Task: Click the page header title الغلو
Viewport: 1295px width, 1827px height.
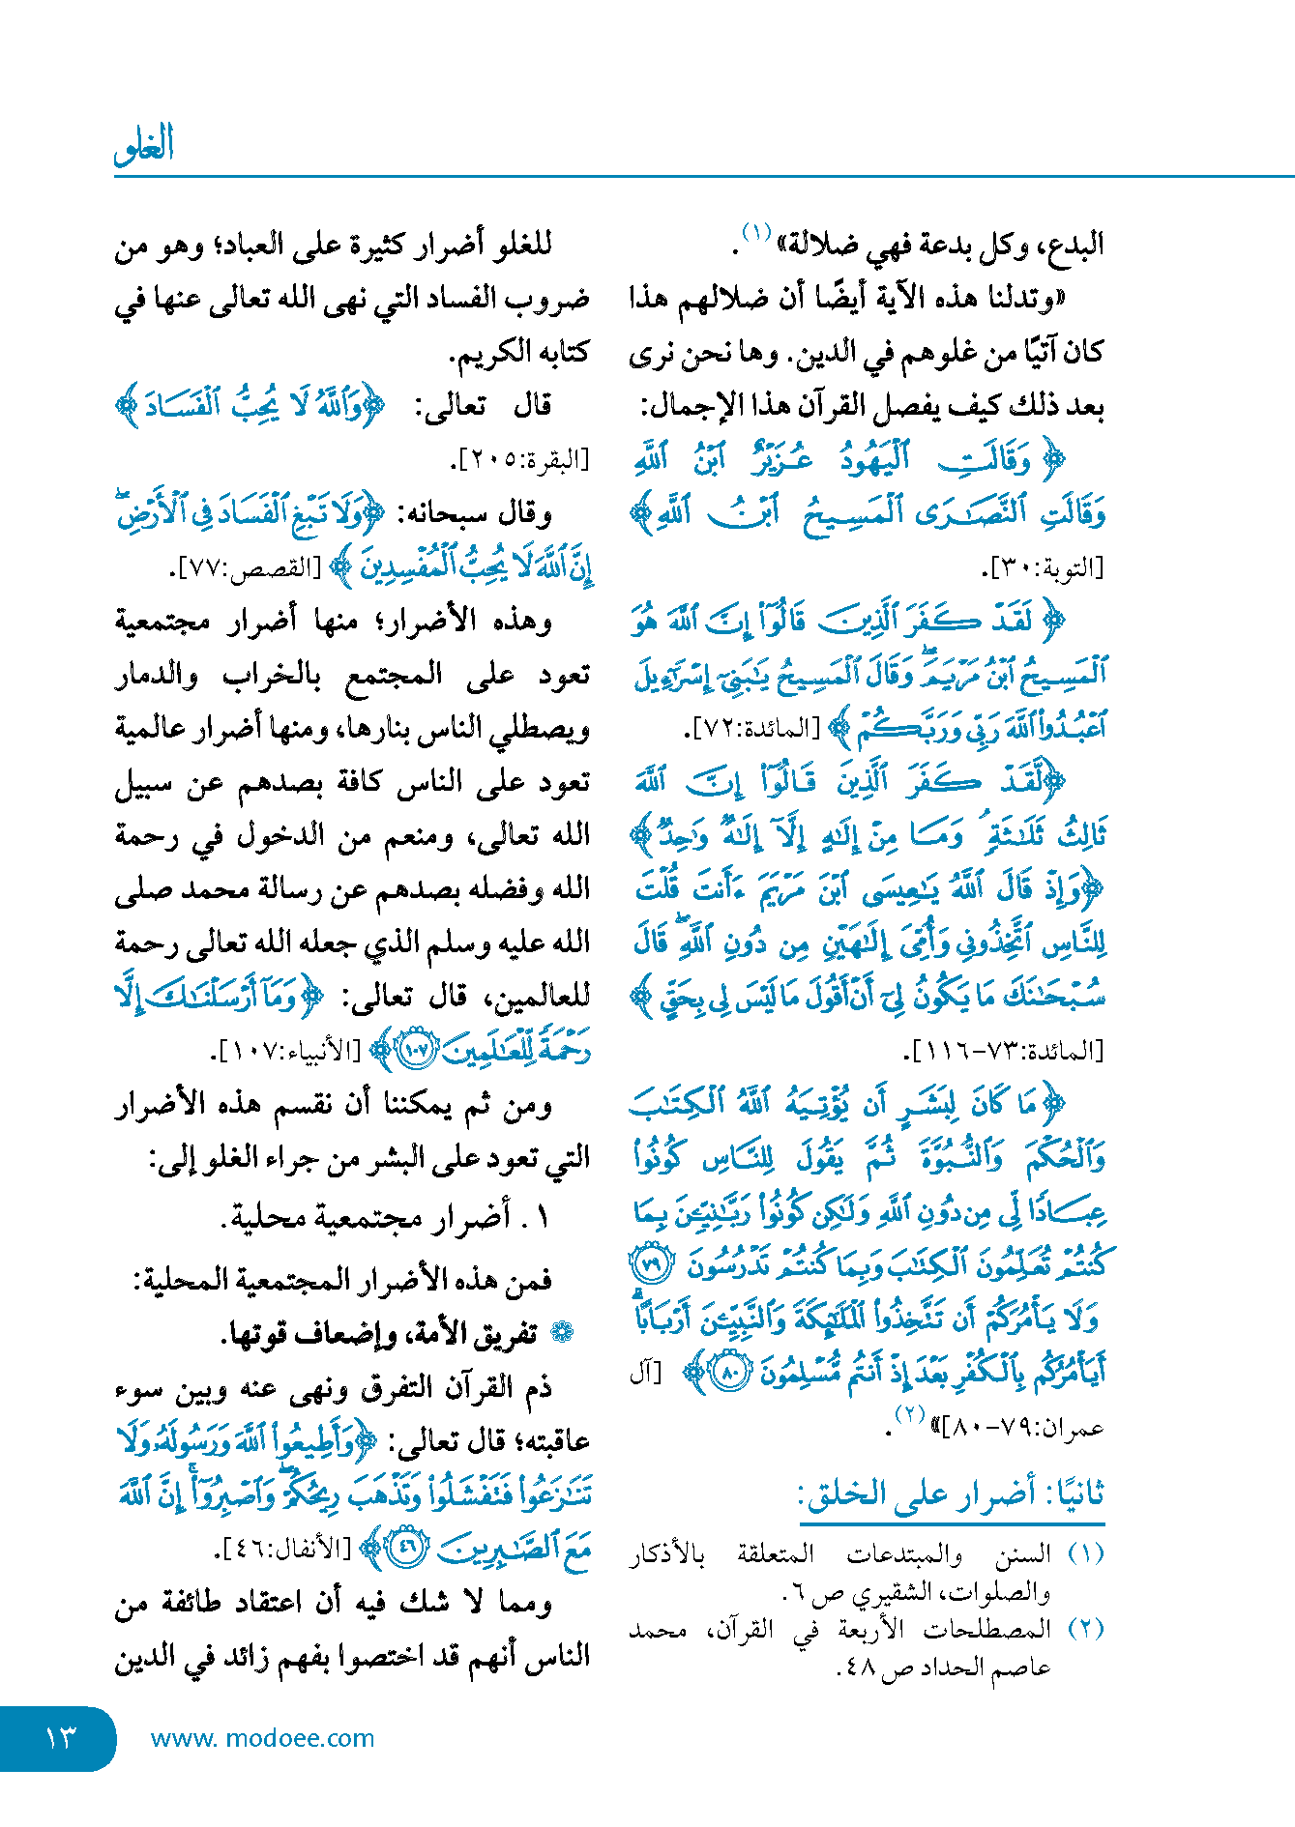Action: [144, 145]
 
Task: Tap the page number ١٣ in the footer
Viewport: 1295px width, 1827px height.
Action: [60, 1737]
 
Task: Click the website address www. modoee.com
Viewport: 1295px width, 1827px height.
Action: [262, 1738]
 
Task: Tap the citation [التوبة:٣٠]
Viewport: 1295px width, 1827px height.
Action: [1047, 567]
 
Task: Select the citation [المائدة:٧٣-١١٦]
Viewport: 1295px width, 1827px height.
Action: [1004, 1051]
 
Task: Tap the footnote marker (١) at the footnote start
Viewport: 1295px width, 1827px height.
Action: [1085, 1554]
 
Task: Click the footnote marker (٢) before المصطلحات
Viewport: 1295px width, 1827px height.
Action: [1085, 1629]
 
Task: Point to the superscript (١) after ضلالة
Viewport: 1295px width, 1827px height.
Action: [755, 233]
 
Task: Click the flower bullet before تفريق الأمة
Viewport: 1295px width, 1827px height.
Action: [561, 1333]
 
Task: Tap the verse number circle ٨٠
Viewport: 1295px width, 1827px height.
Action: [730, 1371]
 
